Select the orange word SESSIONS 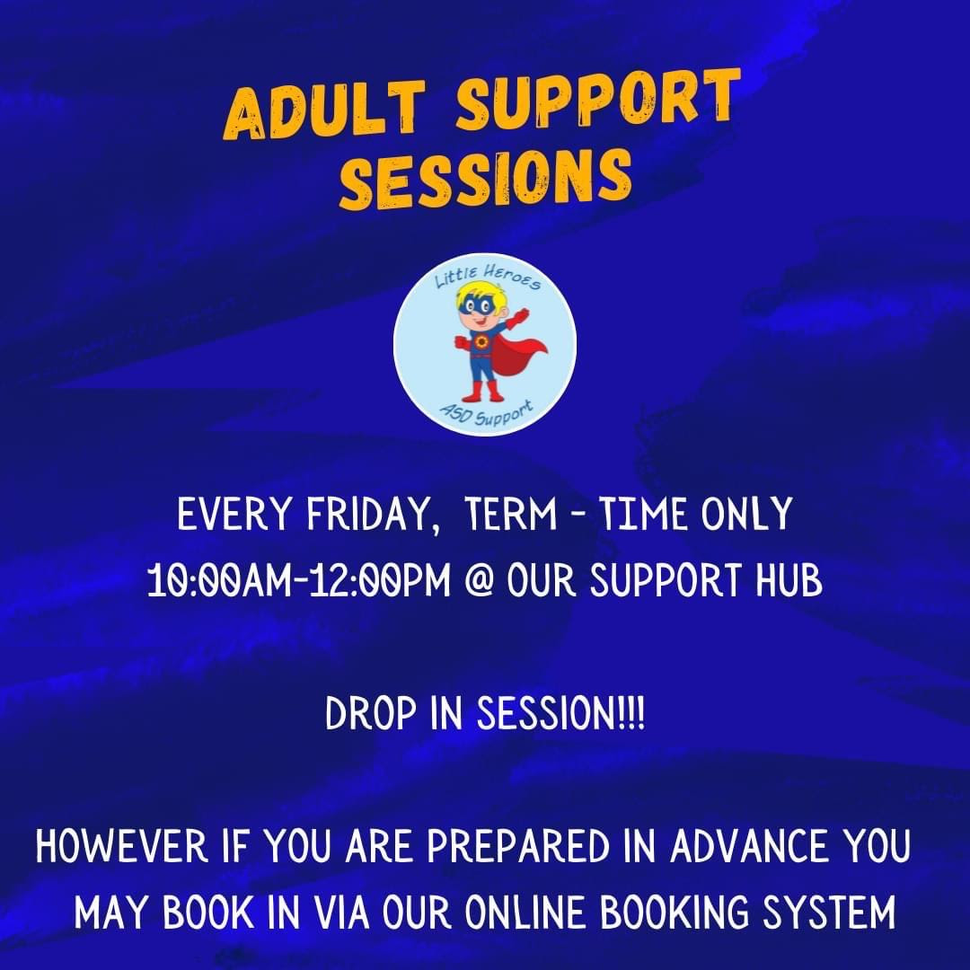pyautogui.click(x=486, y=179)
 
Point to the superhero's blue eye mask pyautogui.click(x=478, y=304)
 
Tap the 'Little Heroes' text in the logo pyautogui.click(x=488, y=277)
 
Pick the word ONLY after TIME pyautogui.click(x=746, y=514)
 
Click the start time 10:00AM pyautogui.click(x=220, y=581)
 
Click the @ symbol pyautogui.click(x=479, y=581)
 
